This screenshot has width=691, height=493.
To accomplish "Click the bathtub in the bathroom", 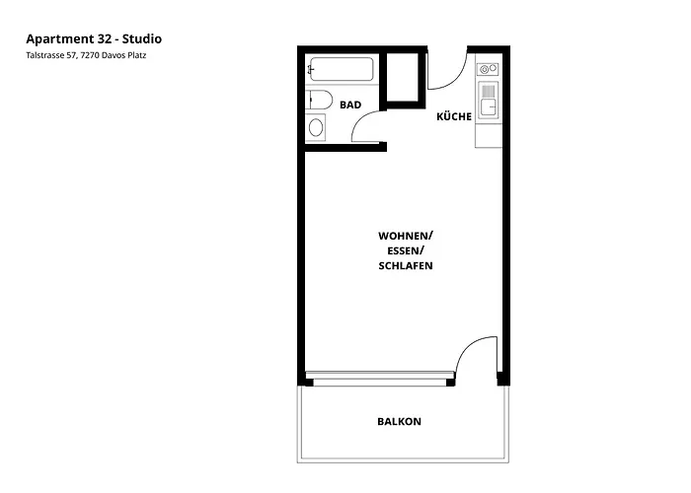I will pos(342,70).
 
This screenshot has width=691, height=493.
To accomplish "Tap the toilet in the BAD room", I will pos(318,99).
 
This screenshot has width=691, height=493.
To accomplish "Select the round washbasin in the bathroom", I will pos(316,127).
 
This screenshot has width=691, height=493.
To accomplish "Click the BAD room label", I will pos(349,104).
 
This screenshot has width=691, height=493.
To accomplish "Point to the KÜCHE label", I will pos(454,116).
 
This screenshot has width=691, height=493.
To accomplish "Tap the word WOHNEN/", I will pos(406,236).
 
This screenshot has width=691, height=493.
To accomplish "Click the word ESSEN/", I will pos(406,251).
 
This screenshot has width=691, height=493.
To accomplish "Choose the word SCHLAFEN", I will pos(406,267).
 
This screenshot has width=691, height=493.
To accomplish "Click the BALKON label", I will pos(399,422).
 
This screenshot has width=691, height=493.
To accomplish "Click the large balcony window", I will pos(380,378).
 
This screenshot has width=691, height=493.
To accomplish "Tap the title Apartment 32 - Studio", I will pos(94,38).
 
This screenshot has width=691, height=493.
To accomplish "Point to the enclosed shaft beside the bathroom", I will pos(405,78).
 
